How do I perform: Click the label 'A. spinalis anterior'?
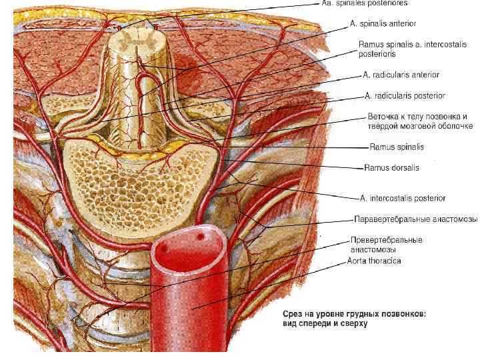point(383,23)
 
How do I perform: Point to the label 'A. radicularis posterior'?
point(405,96)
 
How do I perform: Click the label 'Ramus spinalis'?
point(397,147)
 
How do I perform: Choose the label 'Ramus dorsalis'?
point(392,168)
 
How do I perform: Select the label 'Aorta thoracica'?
point(374,261)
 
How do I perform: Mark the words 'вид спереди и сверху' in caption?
point(325,324)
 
